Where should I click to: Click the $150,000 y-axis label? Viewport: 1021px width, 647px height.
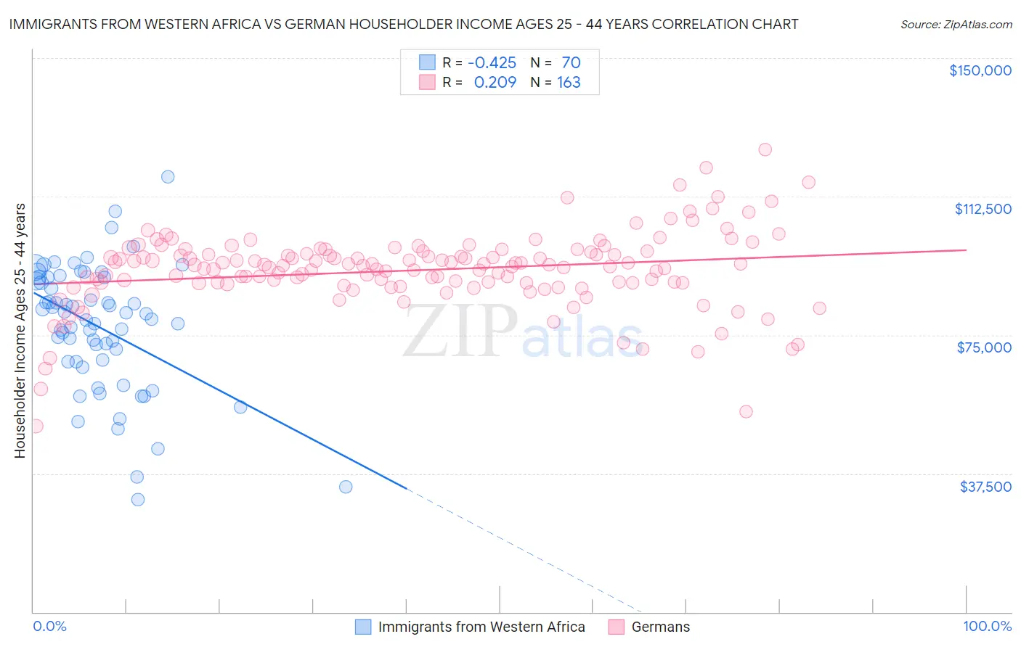980,70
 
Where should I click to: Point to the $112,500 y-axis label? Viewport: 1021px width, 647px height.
982,209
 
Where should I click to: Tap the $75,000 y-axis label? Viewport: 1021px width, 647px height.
983,347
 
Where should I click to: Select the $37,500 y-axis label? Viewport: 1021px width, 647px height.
985,487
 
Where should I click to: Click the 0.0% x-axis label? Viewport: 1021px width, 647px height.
49,626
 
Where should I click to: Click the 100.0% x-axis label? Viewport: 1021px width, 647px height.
987,626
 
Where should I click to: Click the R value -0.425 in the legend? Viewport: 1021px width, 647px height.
492,62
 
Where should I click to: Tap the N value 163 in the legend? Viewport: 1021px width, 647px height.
569,82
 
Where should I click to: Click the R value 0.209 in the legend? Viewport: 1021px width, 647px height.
495,82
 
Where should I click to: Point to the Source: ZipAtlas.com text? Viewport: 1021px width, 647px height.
956,24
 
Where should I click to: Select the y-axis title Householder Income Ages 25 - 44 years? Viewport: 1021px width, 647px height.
20,331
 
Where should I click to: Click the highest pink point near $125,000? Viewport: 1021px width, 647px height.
765,149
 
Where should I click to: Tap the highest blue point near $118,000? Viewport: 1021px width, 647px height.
168,176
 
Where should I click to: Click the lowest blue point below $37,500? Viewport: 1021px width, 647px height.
137,499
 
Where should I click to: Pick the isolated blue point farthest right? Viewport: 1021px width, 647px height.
346,487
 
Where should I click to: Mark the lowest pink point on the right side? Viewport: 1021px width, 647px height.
746,411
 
